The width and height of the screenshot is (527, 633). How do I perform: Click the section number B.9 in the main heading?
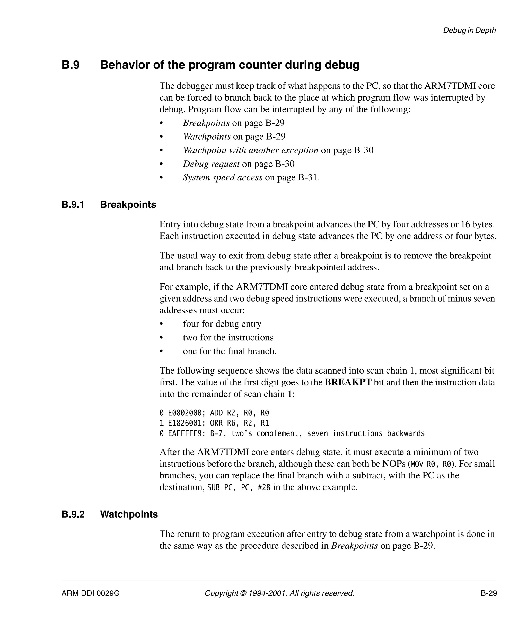click(71, 65)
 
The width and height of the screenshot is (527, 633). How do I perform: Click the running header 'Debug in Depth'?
click(469, 30)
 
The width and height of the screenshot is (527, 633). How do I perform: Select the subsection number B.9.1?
click(73, 205)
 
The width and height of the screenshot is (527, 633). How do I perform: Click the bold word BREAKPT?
click(348, 382)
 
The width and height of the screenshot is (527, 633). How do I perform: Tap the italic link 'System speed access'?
click(223, 178)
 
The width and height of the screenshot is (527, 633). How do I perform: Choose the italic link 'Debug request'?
click(211, 164)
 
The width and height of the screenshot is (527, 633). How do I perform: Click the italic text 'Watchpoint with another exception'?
click(250, 150)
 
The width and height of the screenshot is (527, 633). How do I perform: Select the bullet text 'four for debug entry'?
click(222, 324)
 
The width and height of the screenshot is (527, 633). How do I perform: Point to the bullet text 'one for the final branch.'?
click(230, 351)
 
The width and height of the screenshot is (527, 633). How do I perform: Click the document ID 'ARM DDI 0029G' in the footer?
click(91, 593)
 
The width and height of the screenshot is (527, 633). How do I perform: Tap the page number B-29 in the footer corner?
click(489, 593)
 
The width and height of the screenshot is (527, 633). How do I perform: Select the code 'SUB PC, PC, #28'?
click(239, 487)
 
